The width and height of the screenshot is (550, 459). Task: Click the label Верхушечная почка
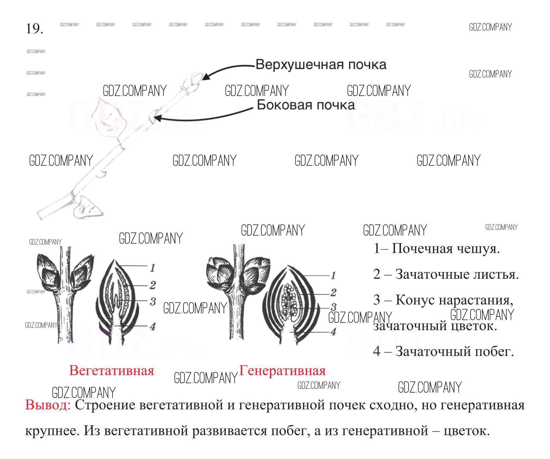321,64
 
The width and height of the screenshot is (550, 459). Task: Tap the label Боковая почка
306,105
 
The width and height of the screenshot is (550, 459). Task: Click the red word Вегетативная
111,370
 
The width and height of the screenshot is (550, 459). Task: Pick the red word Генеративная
282,370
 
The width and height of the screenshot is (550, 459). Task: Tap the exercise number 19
35,29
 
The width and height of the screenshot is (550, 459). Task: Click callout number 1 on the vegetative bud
153,268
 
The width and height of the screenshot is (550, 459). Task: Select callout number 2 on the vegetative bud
153,285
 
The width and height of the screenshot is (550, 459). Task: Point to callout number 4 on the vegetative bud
153,326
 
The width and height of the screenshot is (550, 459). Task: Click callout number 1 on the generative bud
333,276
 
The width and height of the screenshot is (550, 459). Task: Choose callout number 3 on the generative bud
333,307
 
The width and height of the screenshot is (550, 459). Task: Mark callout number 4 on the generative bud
333,331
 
